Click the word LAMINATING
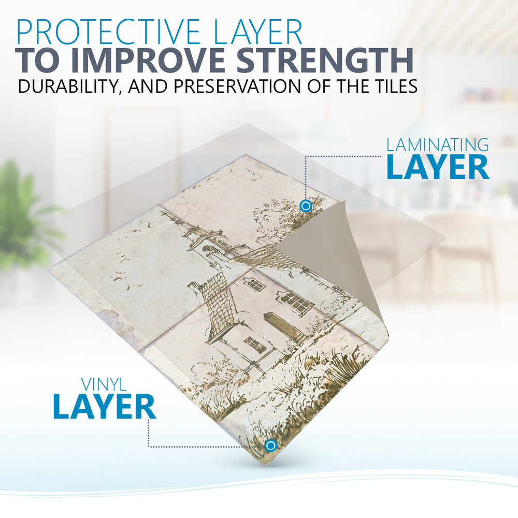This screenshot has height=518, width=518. click(437, 145)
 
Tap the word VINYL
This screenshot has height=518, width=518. click(104, 384)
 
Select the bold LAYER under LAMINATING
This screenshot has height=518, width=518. click(437, 167)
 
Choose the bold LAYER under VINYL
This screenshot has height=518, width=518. click(105, 407)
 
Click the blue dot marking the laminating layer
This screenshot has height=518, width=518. click(306, 206)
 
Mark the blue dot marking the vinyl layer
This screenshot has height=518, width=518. click(271, 445)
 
